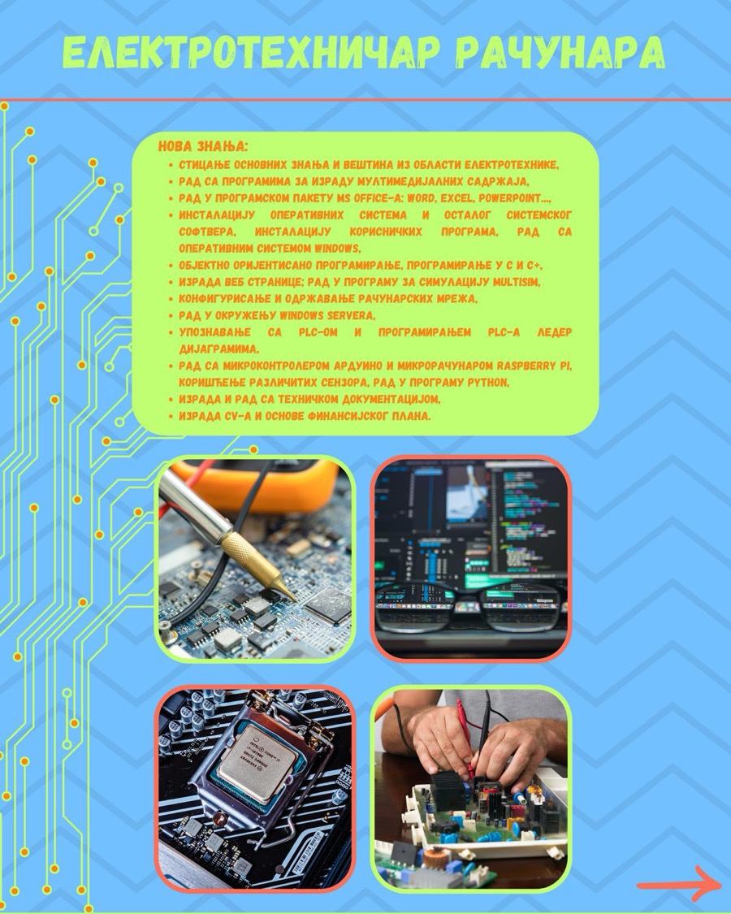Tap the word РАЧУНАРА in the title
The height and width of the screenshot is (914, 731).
click(560, 53)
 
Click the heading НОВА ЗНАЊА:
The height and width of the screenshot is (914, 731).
click(203, 146)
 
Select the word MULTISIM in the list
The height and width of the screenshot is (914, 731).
click(517, 282)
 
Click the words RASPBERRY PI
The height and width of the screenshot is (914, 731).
click(534, 366)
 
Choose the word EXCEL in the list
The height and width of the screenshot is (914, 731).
click(457, 198)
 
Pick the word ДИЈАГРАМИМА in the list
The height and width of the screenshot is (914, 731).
click(218, 349)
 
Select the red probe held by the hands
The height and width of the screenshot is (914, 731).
click(465, 738)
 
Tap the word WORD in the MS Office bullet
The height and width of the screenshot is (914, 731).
click(421, 198)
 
